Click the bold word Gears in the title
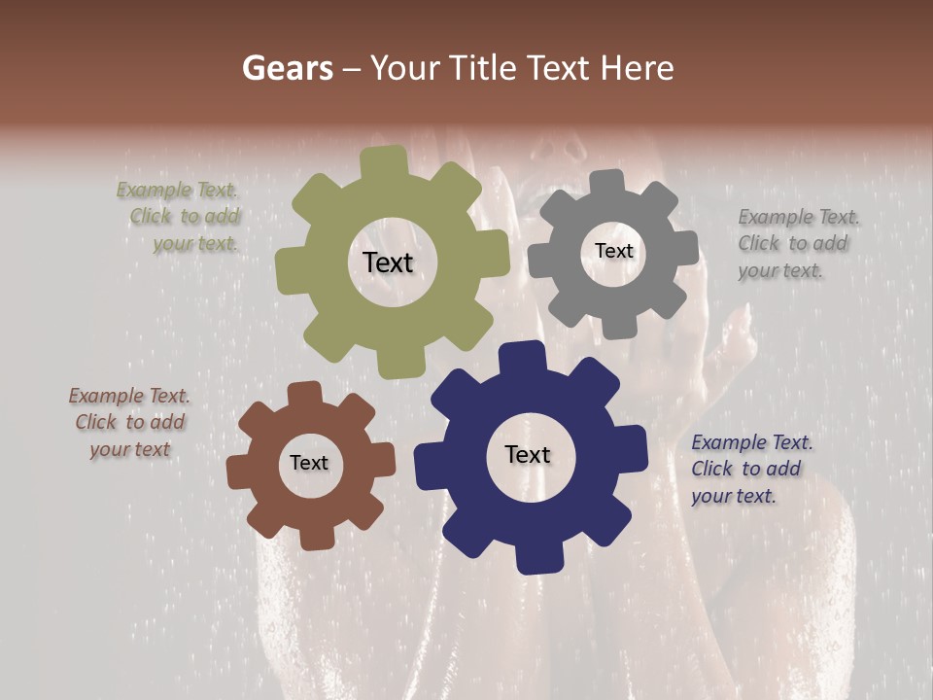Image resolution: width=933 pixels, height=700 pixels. (287, 68)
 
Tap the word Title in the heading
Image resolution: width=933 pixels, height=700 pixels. (483, 68)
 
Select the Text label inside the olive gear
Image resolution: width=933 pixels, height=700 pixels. (388, 262)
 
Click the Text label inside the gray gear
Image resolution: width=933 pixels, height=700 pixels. (613, 251)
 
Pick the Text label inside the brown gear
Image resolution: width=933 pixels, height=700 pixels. (309, 464)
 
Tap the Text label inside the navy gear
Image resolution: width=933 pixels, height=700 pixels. (528, 455)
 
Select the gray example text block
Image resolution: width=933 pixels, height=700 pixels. (798, 244)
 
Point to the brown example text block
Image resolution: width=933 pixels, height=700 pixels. (130, 423)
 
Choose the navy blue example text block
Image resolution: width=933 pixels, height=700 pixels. (751, 469)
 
